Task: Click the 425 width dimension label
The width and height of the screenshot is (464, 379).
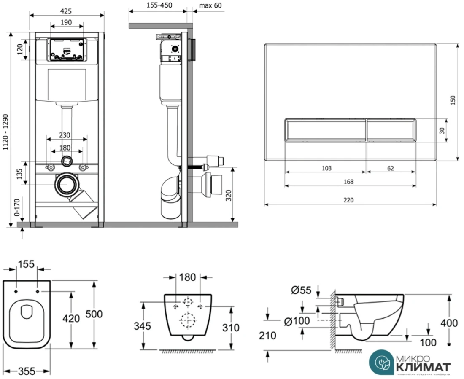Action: point(66,7)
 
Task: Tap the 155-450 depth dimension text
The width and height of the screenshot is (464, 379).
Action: point(157,5)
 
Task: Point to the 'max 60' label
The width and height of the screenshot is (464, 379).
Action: point(210,5)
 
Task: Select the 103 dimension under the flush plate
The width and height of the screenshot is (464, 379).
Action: point(326,168)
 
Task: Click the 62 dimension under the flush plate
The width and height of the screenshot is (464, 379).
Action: point(390,168)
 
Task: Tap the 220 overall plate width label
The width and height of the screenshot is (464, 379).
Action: point(348,200)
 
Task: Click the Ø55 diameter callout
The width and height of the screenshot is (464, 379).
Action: point(301,290)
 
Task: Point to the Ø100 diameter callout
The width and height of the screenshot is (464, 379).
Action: point(297,321)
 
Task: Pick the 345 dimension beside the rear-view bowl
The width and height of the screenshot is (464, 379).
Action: point(142,326)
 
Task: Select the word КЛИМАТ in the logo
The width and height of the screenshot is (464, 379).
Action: point(423,366)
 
